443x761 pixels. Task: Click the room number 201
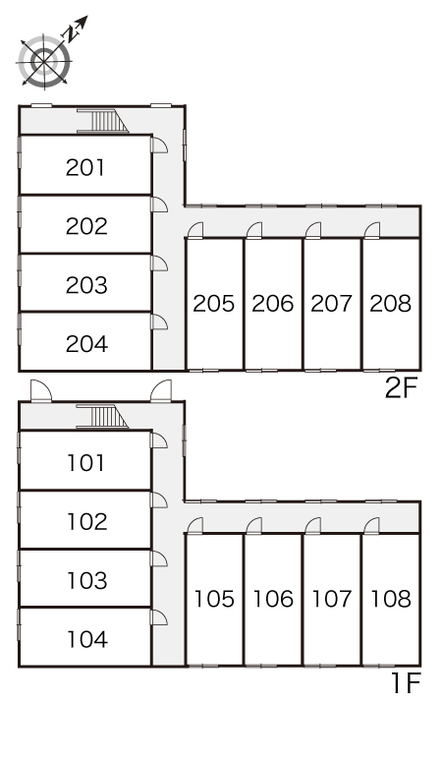(x=85, y=168)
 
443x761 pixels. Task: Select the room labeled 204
(x=86, y=344)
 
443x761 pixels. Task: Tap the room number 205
(x=214, y=304)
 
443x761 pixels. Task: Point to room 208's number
(x=391, y=304)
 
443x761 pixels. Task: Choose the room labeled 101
(x=85, y=463)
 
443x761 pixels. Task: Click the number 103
(x=87, y=580)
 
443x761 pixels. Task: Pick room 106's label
(x=273, y=599)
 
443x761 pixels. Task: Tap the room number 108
(x=391, y=599)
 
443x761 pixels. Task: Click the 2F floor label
(x=401, y=388)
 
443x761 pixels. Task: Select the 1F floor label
(x=406, y=684)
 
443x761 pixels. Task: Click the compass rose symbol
(x=44, y=62)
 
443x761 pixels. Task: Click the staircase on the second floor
(x=102, y=121)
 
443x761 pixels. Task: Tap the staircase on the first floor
(x=102, y=418)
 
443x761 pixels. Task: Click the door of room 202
(x=159, y=205)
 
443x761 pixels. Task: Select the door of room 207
(x=313, y=230)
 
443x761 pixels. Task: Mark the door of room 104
(x=159, y=617)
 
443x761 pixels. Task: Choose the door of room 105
(x=195, y=526)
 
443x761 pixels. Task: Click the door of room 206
(x=254, y=230)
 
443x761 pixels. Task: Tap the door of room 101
(x=159, y=440)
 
